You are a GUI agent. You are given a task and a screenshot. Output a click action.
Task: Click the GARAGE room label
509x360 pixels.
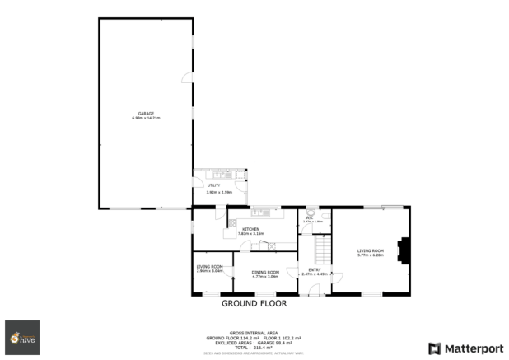(x=146, y=113)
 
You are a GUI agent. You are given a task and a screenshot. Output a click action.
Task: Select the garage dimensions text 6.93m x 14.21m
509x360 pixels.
(x=146, y=118)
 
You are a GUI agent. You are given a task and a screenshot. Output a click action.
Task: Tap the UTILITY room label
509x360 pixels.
(x=213, y=186)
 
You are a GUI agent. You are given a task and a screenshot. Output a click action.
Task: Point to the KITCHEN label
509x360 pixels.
(x=251, y=229)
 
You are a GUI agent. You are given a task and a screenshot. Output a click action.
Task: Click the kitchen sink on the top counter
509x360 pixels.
(x=258, y=213)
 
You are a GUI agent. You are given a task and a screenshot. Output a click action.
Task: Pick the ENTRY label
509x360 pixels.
(x=315, y=269)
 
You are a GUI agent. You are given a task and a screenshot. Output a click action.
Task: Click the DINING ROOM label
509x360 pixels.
(x=265, y=272)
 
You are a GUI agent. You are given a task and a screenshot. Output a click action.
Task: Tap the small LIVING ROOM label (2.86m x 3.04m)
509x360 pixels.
(x=210, y=266)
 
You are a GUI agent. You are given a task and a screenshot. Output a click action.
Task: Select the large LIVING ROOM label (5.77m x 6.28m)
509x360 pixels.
(x=371, y=250)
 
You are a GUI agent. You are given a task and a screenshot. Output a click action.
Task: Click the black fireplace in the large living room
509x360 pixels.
(x=402, y=250)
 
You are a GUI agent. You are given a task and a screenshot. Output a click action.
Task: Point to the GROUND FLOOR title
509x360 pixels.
(x=254, y=303)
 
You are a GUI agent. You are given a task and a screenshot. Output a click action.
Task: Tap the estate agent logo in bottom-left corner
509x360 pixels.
(x=22, y=337)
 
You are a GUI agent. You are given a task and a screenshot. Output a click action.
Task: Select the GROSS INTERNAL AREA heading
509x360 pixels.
(x=254, y=333)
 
